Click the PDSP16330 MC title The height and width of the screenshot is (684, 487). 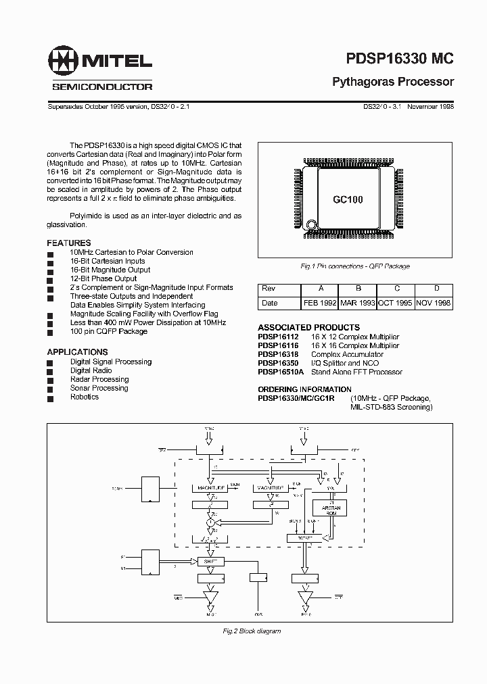[x=392, y=59]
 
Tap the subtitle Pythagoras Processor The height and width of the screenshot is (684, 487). [x=392, y=82]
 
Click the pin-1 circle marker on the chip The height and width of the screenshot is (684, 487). [x=311, y=225]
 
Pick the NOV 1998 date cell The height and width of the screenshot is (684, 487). [x=434, y=303]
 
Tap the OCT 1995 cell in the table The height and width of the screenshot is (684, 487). [x=396, y=303]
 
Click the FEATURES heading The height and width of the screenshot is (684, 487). [x=68, y=243]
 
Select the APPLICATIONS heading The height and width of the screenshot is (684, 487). [x=77, y=352]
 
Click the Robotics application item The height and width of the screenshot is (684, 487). [x=85, y=397]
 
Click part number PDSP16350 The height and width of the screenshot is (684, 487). [x=278, y=363]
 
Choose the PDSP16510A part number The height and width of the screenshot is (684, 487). [x=281, y=372]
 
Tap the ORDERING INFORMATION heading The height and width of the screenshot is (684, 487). [x=304, y=389]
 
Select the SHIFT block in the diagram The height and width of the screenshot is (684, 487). [x=210, y=561]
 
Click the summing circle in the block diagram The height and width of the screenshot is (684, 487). [x=210, y=522]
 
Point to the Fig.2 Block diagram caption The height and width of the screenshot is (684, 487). [x=252, y=631]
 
